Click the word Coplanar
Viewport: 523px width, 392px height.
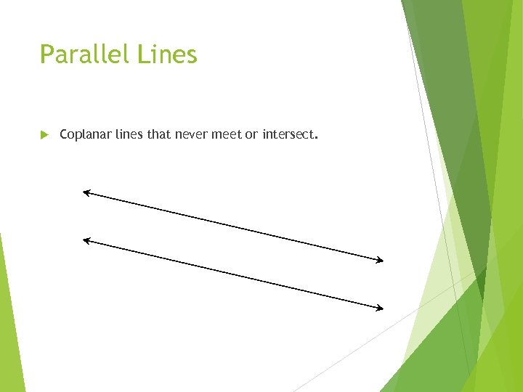85,134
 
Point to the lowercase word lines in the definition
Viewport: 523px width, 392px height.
129,134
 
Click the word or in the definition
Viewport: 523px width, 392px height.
251,134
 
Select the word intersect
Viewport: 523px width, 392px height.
288,134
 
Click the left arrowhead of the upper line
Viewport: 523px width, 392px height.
86,192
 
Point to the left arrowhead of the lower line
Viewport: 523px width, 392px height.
86,240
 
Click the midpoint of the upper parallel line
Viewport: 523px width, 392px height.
232,226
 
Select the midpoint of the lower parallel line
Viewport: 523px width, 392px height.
232,274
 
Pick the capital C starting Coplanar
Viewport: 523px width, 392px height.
64,134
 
